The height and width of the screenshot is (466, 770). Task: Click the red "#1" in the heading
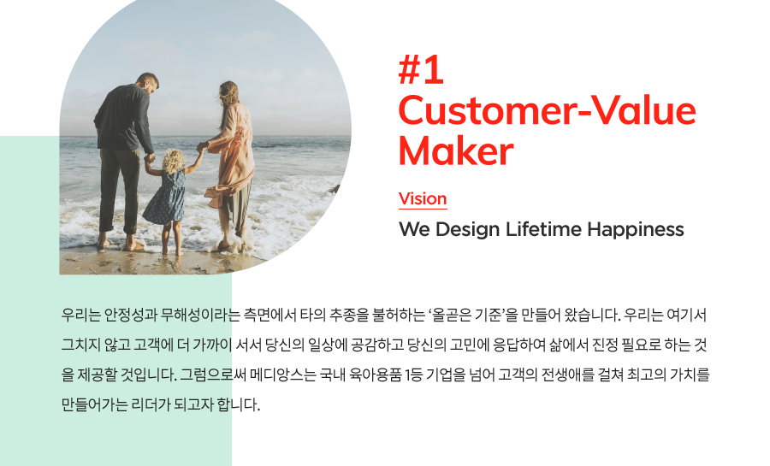(421, 71)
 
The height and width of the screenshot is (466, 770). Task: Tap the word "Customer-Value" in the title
(547, 111)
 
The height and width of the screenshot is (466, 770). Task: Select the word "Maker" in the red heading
(456, 151)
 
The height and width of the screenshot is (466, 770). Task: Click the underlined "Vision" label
(423, 198)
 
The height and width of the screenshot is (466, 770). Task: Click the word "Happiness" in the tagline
(636, 229)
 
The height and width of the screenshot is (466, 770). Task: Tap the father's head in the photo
(148, 83)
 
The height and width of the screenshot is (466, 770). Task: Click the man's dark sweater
(123, 118)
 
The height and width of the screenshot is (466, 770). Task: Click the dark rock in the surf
(335, 189)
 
